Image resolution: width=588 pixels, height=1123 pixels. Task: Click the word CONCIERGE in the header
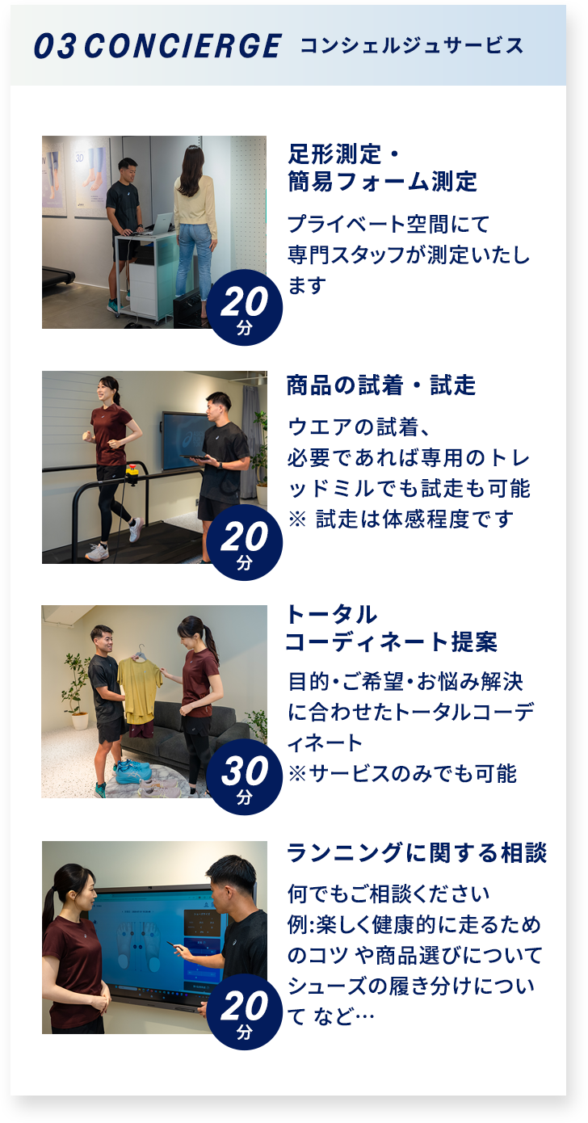183,46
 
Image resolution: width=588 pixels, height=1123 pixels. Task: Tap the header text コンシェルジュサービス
412,45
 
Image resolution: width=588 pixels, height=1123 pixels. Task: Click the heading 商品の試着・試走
381,385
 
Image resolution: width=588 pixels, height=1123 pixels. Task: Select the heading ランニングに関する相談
417,853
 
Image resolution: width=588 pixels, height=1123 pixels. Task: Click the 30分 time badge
244,776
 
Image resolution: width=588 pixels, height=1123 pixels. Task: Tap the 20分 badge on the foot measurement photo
244,307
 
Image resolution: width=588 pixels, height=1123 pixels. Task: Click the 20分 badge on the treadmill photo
244,542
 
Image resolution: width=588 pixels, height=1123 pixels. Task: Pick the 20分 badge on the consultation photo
244,1012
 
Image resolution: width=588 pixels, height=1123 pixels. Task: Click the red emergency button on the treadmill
132,470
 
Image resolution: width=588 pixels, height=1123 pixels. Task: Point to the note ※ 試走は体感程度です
401,519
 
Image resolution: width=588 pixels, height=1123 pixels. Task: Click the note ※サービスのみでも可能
402,773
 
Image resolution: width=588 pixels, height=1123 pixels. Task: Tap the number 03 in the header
56,46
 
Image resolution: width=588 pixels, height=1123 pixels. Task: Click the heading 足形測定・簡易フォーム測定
383,167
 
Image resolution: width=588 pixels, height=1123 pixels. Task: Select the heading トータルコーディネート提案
391,629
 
